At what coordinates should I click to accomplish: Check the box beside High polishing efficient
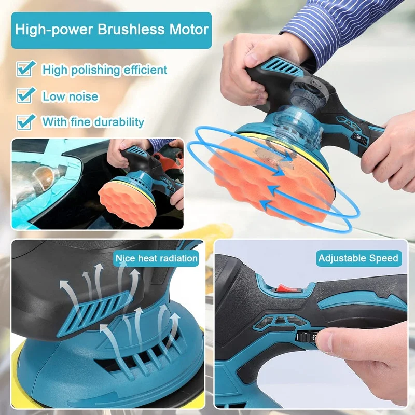pyautogui.click(x=25, y=68)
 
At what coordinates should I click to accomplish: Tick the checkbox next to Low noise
pyautogui.click(x=25, y=95)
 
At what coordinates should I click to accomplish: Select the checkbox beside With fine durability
pyautogui.click(x=25, y=121)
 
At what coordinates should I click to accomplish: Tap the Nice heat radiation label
pyautogui.click(x=157, y=258)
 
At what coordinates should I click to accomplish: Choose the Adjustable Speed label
pyautogui.click(x=358, y=258)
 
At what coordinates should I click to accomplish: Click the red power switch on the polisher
pyautogui.click(x=283, y=286)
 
